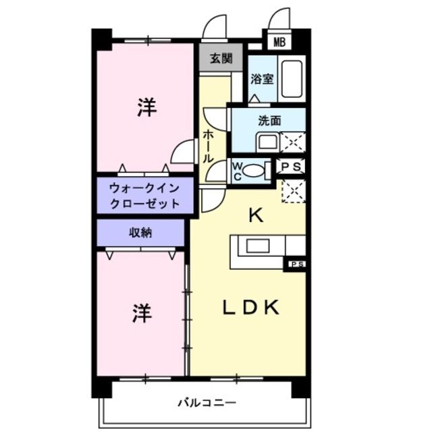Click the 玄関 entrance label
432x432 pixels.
tap(219, 58)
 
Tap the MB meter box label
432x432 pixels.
tap(279, 42)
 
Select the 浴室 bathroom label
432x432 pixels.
tap(262, 78)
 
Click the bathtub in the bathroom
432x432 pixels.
tap(292, 78)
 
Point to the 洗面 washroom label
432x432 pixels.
tap(269, 121)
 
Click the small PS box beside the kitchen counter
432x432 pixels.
tap(296, 264)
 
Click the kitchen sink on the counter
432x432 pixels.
tap(258, 246)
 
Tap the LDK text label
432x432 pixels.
tap(251, 307)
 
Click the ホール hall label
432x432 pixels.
tap(208, 144)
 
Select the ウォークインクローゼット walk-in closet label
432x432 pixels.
tap(144, 195)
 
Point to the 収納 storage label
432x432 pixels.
tap(140, 233)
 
